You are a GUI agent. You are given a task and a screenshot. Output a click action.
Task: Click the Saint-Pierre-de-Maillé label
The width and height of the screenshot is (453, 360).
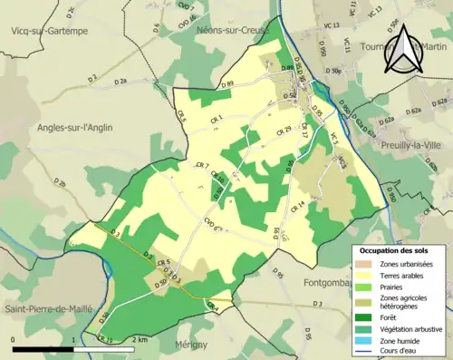click(x=48, y=308)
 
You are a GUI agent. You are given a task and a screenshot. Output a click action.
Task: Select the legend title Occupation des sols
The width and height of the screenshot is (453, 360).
click(x=400, y=249)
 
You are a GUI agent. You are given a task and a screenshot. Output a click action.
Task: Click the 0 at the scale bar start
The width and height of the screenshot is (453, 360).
click(x=14, y=339)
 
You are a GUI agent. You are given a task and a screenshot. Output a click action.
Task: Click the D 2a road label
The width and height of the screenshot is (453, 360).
click(x=120, y=82)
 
